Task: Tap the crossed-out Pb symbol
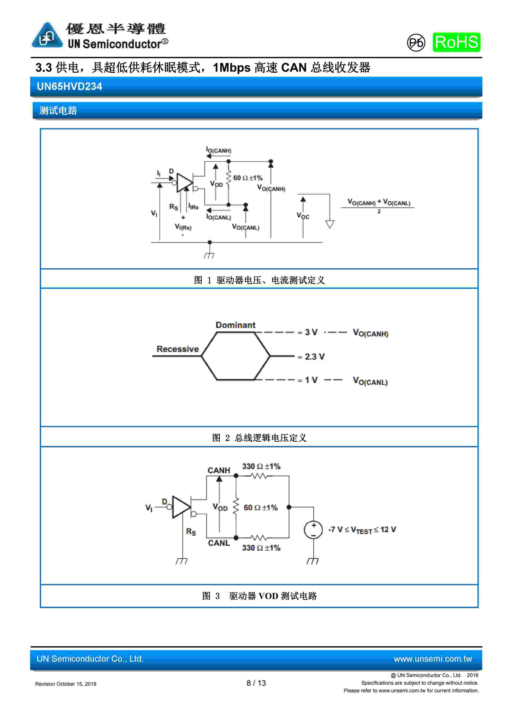click(x=416, y=43)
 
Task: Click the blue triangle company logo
click(x=47, y=35)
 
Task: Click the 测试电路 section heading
click(x=58, y=110)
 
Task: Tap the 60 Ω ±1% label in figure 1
click(x=248, y=178)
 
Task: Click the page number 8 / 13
click(x=256, y=683)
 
